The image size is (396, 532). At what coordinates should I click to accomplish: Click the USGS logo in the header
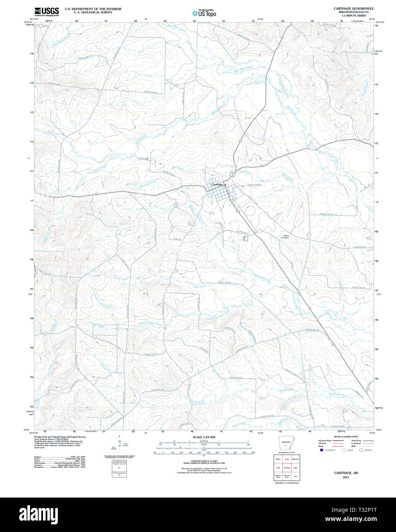46,11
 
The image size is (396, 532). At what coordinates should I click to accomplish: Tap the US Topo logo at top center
204,13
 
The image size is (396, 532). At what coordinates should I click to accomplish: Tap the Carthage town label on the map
218,184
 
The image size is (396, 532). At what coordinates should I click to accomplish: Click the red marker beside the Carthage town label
225,185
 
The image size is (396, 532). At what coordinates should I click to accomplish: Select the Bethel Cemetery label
285,237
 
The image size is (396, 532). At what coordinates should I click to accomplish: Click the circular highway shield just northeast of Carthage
232,175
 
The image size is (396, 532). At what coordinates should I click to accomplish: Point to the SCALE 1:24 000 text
204,437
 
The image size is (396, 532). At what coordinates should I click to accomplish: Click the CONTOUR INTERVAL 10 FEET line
204,462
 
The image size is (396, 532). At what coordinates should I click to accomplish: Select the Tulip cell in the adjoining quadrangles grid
278,468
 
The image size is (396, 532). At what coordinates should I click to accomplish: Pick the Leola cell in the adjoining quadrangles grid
286,459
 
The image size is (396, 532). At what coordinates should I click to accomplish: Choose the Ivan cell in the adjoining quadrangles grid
295,477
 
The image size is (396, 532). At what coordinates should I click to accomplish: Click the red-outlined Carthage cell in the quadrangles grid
286,468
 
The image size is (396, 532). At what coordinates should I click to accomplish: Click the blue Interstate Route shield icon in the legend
321,450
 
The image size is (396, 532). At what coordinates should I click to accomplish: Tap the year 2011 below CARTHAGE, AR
346,477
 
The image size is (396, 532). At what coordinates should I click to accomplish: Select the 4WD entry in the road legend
353,446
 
